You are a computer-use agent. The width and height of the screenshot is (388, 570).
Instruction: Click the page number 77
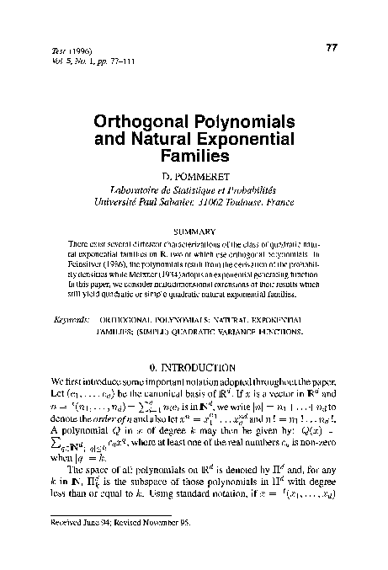click(331, 48)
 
